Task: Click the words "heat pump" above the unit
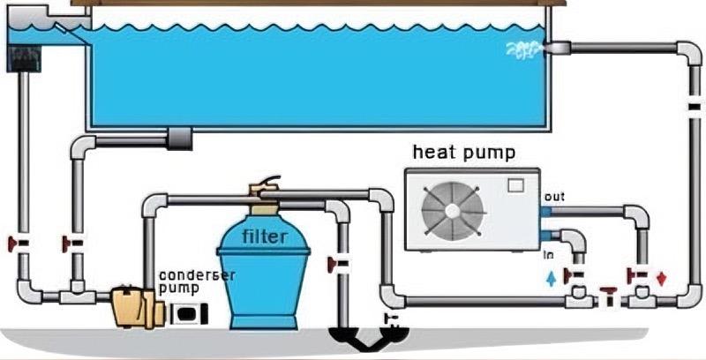coord(464,153)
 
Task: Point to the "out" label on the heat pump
coord(555,196)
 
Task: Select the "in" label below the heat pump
coord(548,255)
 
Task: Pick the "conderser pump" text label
coord(197,281)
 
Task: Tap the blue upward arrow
coord(552,280)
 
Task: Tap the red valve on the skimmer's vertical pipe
coord(15,241)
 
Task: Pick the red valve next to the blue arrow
coord(574,276)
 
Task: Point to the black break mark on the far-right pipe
coord(694,107)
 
